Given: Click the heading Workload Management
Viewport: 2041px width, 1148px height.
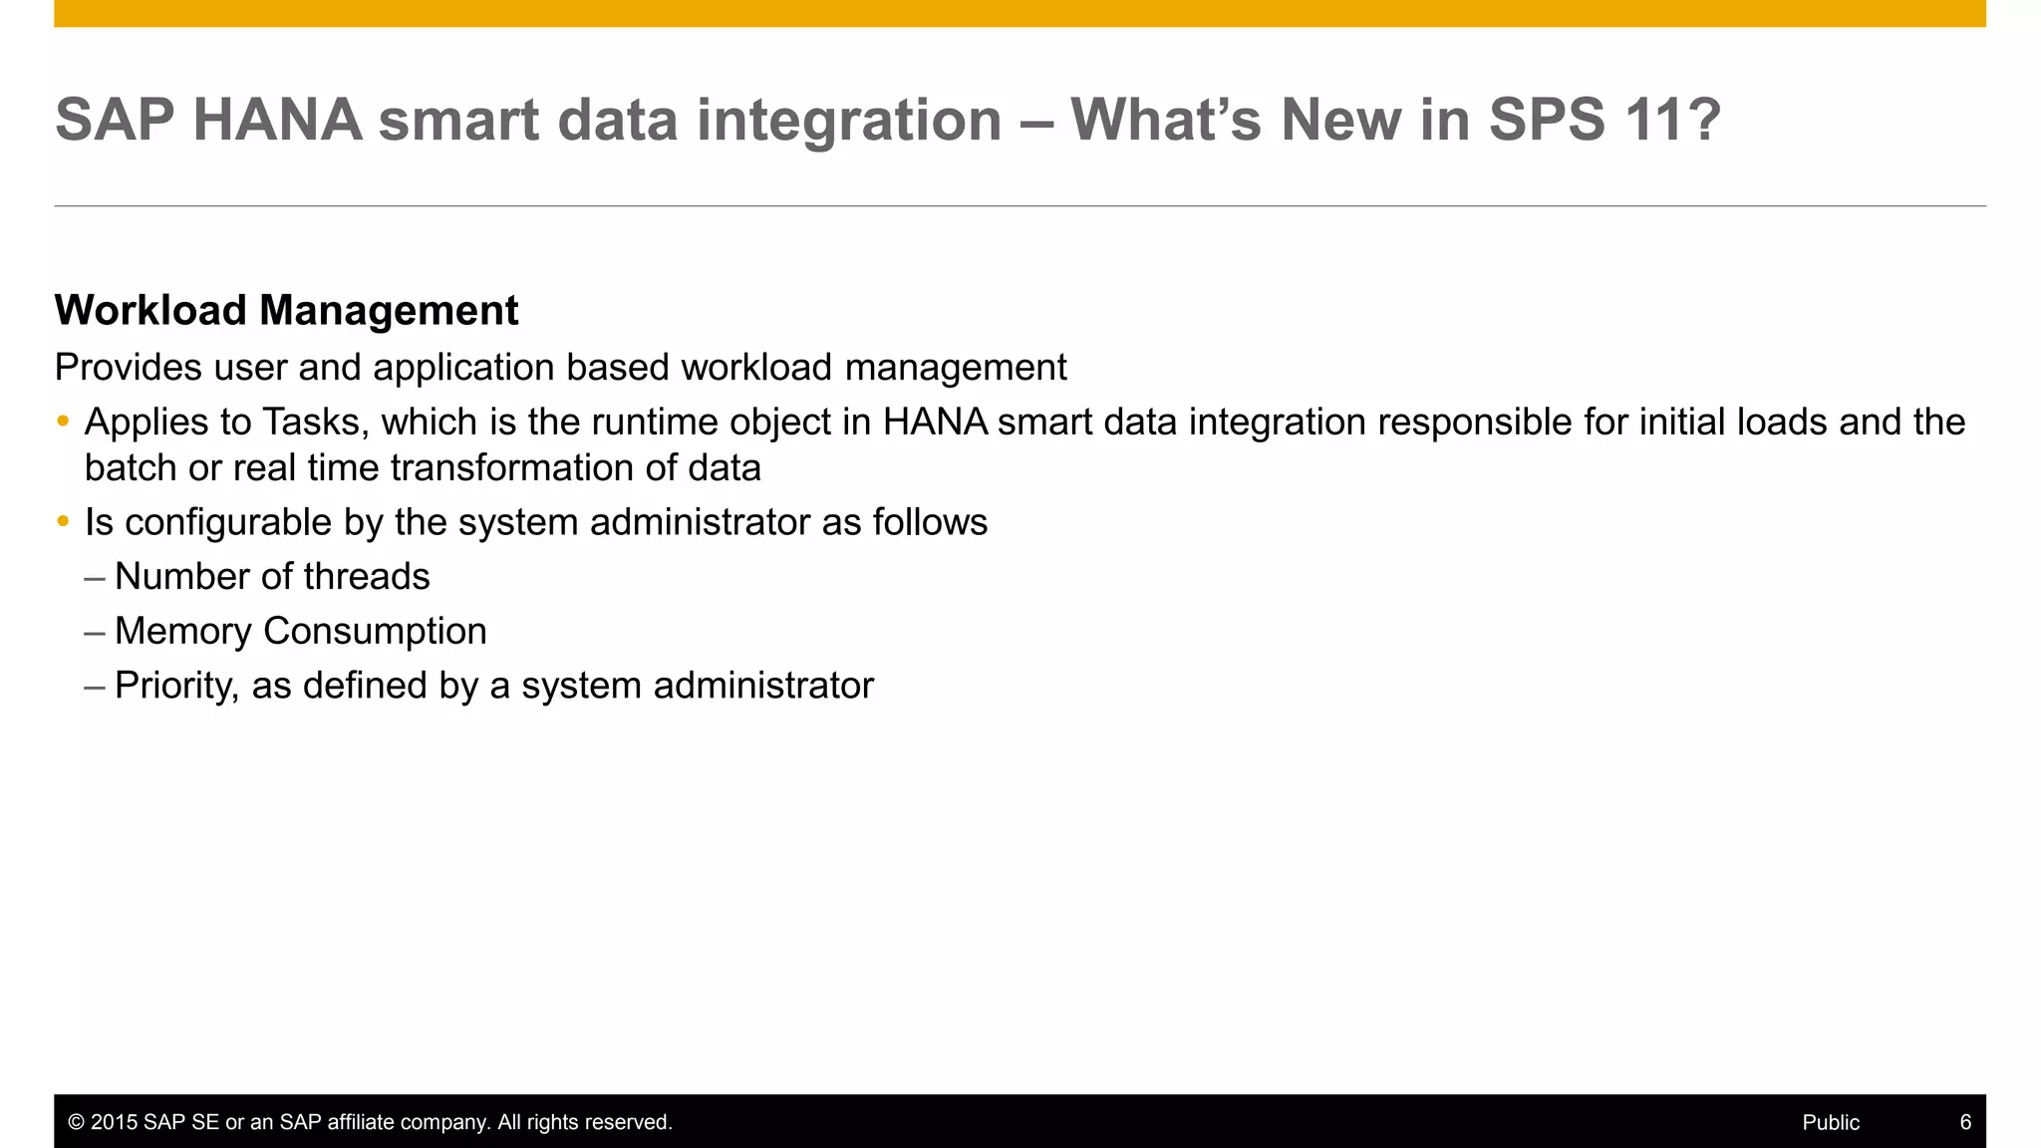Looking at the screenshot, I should click(286, 311).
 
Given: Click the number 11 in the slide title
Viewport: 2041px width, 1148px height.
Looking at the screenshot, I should click(1655, 120).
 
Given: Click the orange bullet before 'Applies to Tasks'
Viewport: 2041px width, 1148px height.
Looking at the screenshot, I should click(63, 422).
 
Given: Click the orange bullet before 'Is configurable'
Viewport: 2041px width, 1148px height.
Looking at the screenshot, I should click(63, 521).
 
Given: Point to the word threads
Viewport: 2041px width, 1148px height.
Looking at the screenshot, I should click(366, 577).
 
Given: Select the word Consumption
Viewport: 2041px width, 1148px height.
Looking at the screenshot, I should click(375, 632).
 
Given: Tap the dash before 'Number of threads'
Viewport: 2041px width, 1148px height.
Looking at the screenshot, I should click(95, 578).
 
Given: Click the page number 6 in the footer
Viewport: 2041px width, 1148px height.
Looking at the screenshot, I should click(1965, 1122).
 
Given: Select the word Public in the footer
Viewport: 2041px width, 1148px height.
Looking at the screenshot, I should click(1831, 1122).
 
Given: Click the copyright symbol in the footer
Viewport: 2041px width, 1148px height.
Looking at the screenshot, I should click(76, 1122).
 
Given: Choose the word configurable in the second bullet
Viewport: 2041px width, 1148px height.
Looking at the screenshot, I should click(228, 522).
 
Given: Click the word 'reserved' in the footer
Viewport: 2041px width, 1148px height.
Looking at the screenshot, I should click(633, 1122).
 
